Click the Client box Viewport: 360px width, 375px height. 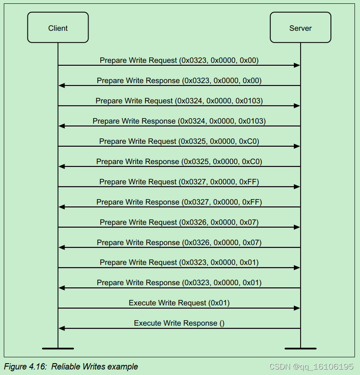tap(58, 28)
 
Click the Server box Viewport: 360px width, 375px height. tap(300, 28)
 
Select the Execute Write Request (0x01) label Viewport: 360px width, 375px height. tap(179, 303)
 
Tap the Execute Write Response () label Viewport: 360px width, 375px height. tap(179, 323)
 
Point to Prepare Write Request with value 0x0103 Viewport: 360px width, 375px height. tap(179, 101)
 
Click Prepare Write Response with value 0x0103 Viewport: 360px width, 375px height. tap(179, 121)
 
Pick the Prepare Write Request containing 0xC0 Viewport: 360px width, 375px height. tap(179, 141)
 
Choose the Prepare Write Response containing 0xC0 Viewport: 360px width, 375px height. tap(179, 162)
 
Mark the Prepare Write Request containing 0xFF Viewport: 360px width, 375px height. tap(179, 182)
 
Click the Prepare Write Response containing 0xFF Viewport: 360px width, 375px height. tap(179, 202)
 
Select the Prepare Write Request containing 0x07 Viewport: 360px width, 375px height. tap(179, 222)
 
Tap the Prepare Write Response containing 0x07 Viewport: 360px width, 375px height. tap(179, 243)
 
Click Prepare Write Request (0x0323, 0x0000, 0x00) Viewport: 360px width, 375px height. tap(179, 60)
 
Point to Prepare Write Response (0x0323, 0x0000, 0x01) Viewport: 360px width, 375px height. tap(179, 283)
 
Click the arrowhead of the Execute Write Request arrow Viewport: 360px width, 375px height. tap(297, 308)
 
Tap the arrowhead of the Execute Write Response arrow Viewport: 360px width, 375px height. tap(62, 329)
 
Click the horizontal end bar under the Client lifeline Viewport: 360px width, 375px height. tap(58, 348)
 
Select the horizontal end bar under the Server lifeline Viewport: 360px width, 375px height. tap(300, 348)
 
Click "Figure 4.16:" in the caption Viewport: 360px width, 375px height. tap(26, 367)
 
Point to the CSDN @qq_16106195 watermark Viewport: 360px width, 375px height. tap(311, 367)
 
